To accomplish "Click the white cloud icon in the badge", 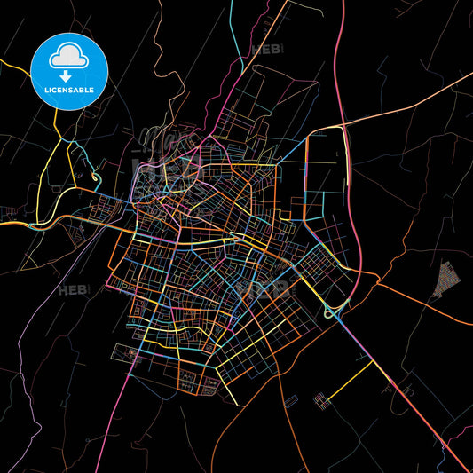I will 69,56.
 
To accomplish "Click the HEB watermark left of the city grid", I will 71,289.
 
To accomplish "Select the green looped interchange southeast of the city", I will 335,310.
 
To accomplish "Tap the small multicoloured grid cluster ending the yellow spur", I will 320,401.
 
